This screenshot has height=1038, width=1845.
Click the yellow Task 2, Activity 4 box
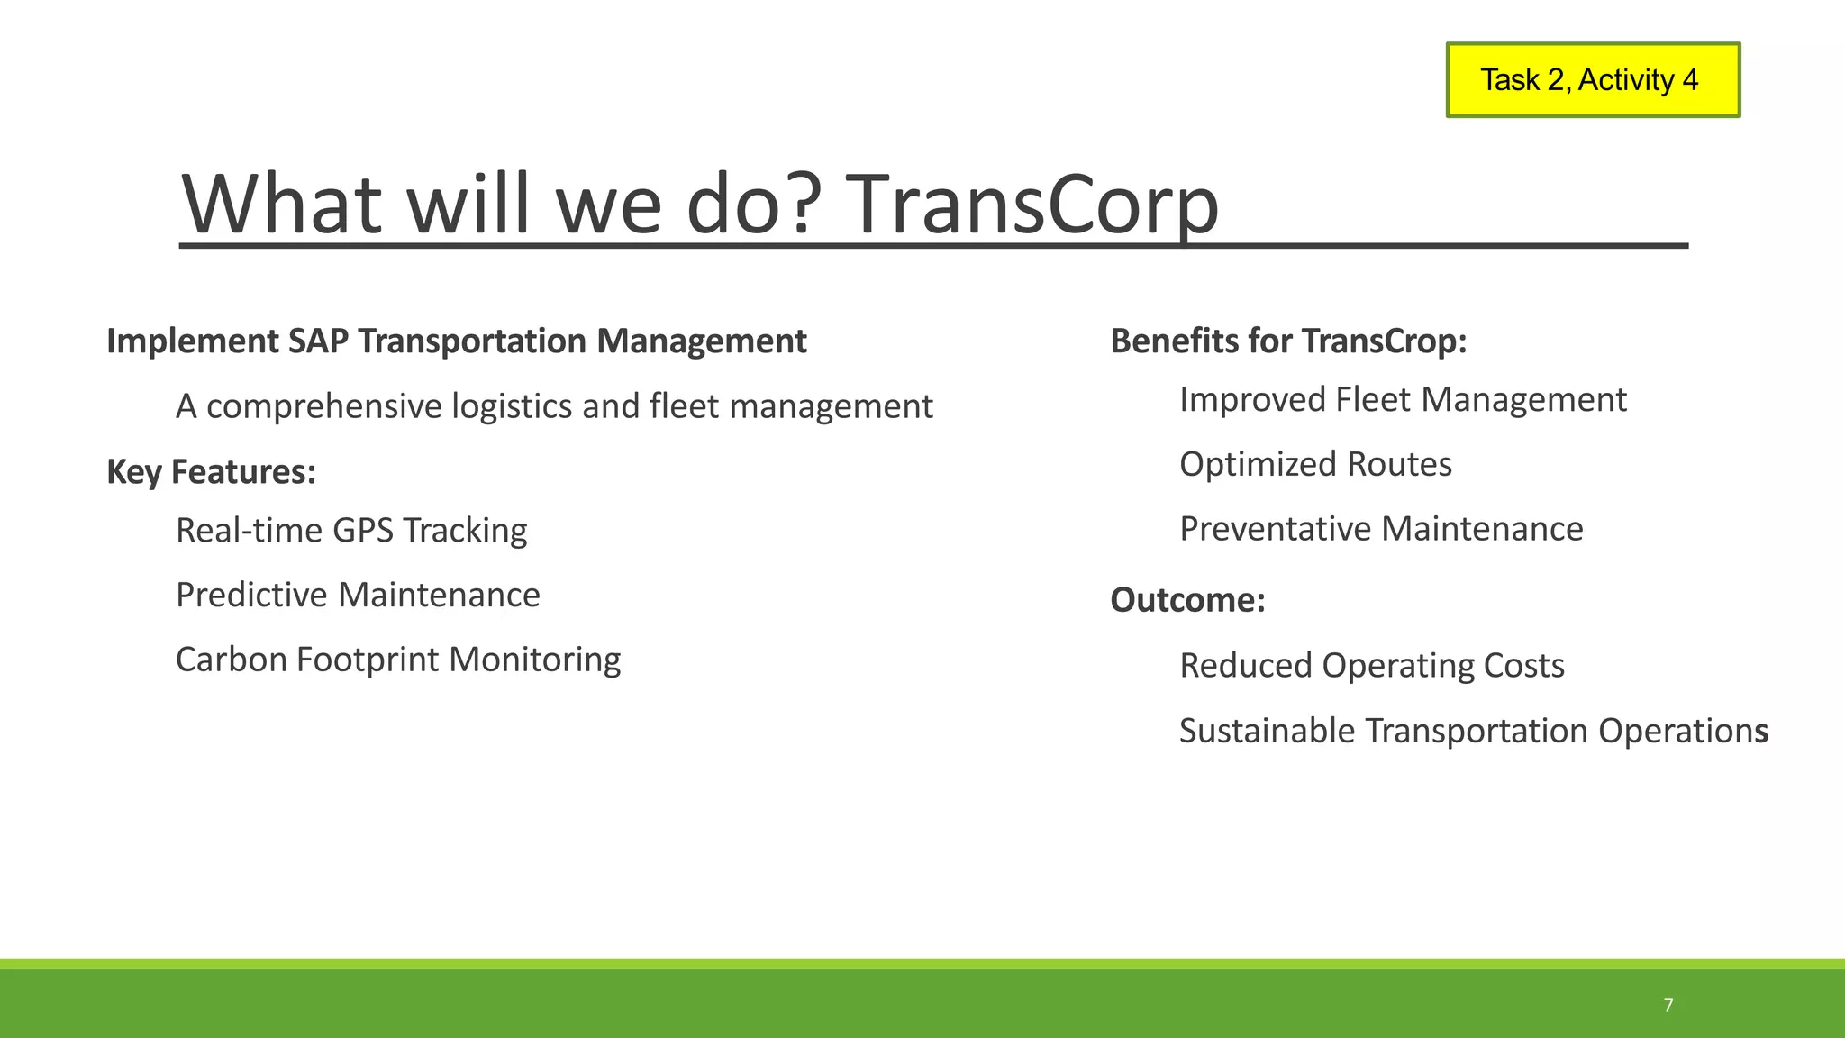[x=1592, y=80]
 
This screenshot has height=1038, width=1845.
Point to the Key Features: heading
[x=211, y=472]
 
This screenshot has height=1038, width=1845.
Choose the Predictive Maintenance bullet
[x=358, y=596]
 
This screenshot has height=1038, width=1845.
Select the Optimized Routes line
[x=1315, y=465]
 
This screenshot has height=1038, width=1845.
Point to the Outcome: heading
[x=1187, y=600]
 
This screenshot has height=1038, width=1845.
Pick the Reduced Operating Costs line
[x=1371, y=666]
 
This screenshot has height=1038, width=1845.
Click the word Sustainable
[x=1268, y=731]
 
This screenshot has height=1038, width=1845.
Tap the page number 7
[x=1668, y=1006]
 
